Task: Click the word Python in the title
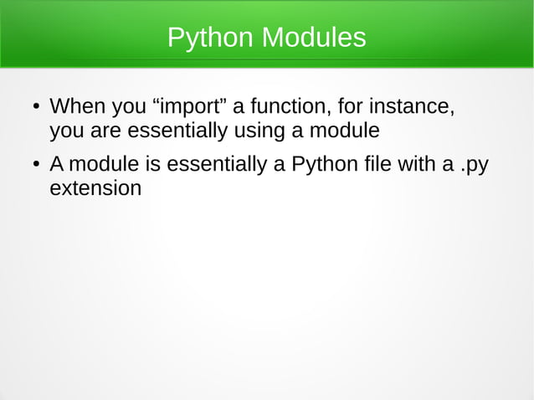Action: pyautogui.click(x=210, y=38)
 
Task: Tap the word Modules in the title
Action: pyautogui.click(x=313, y=38)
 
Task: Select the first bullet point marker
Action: pyautogui.click(x=35, y=108)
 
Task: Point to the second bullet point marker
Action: pyautogui.click(x=35, y=165)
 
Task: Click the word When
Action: pyautogui.click(x=77, y=108)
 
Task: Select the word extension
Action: pyautogui.click(x=95, y=188)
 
